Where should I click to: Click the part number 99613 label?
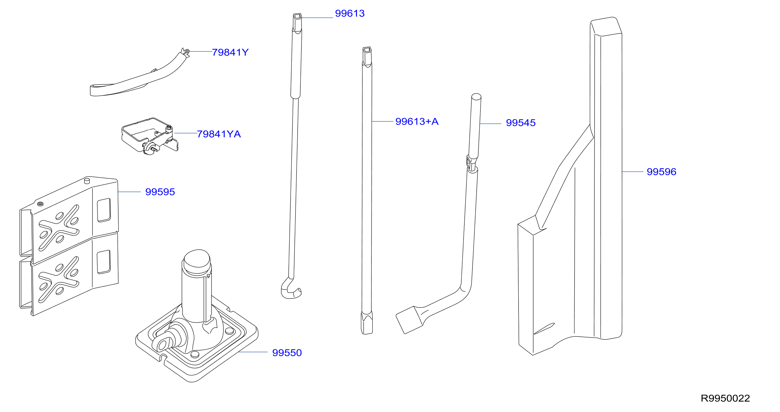click(x=350, y=13)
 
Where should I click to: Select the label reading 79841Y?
click(x=230, y=52)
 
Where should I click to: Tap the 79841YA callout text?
click(x=219, y=134)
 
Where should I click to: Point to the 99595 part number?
click(x=160, y=192)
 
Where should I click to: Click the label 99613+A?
click(x=417, y=122)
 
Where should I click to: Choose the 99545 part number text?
click(x=520, y=123)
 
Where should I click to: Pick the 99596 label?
click(x=661, y=172)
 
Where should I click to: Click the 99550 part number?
click(x=287, y=353)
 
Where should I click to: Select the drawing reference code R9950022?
click(x=725, y=398)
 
